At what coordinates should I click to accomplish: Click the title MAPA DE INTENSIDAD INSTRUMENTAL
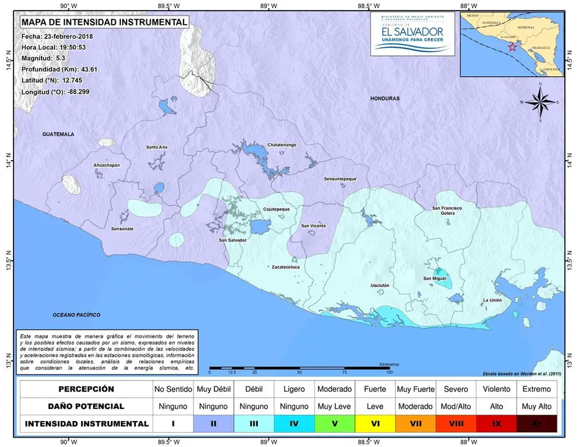104,22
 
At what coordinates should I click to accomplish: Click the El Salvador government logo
412,34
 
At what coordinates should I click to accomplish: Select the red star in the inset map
512,47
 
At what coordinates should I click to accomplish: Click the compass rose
540,102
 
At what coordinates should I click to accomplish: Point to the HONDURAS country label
385,99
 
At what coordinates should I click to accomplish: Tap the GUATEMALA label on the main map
58,134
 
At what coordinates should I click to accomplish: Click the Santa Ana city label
156,147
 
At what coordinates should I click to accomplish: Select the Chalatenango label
282,145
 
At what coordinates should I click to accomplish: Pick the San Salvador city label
233,240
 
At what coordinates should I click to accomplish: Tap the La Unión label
492,300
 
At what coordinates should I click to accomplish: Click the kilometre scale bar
300,369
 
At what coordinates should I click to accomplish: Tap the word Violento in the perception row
496,389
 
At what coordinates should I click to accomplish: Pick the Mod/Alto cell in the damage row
456,406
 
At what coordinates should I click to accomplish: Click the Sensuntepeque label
340,179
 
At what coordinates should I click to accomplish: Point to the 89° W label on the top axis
265,5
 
